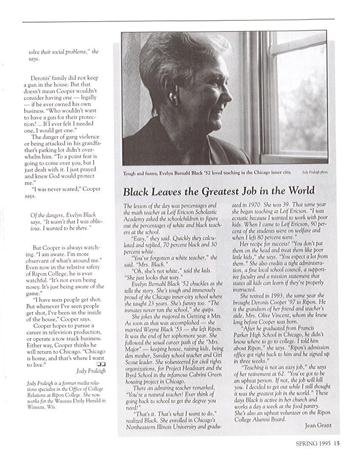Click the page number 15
[x=337, y=444]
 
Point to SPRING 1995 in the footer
[x=313, y=444]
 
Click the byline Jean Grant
[x=318, y=425]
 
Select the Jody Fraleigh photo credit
[x=315, y=172]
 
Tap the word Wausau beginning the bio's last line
[x=36, y=407]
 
